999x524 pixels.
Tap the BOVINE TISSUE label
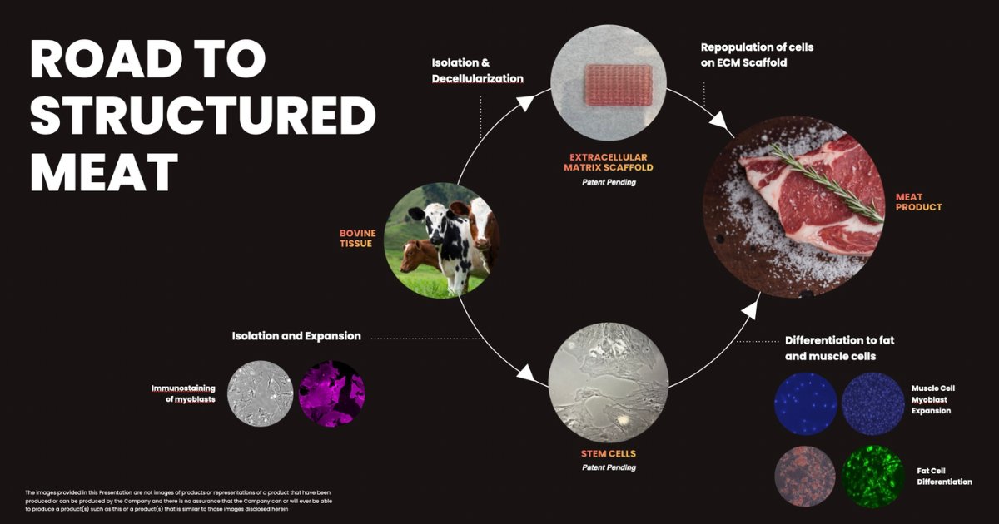tap(357, 239)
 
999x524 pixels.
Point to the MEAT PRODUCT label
tap(918, 202)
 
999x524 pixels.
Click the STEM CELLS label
tap(609, 454)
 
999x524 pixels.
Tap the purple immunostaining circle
tap(331, 393)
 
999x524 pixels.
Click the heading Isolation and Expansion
tap(296, 336)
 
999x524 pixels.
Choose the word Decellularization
tap(477, 78)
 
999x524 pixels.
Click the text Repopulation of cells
tap(757, 47)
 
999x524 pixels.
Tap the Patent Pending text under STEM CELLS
tap(609, 467)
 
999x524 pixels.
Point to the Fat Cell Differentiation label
tap(944, 476)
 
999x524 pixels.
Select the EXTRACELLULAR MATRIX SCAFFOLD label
tap(609, 162)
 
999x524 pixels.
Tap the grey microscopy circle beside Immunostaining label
tap(260, 393)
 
